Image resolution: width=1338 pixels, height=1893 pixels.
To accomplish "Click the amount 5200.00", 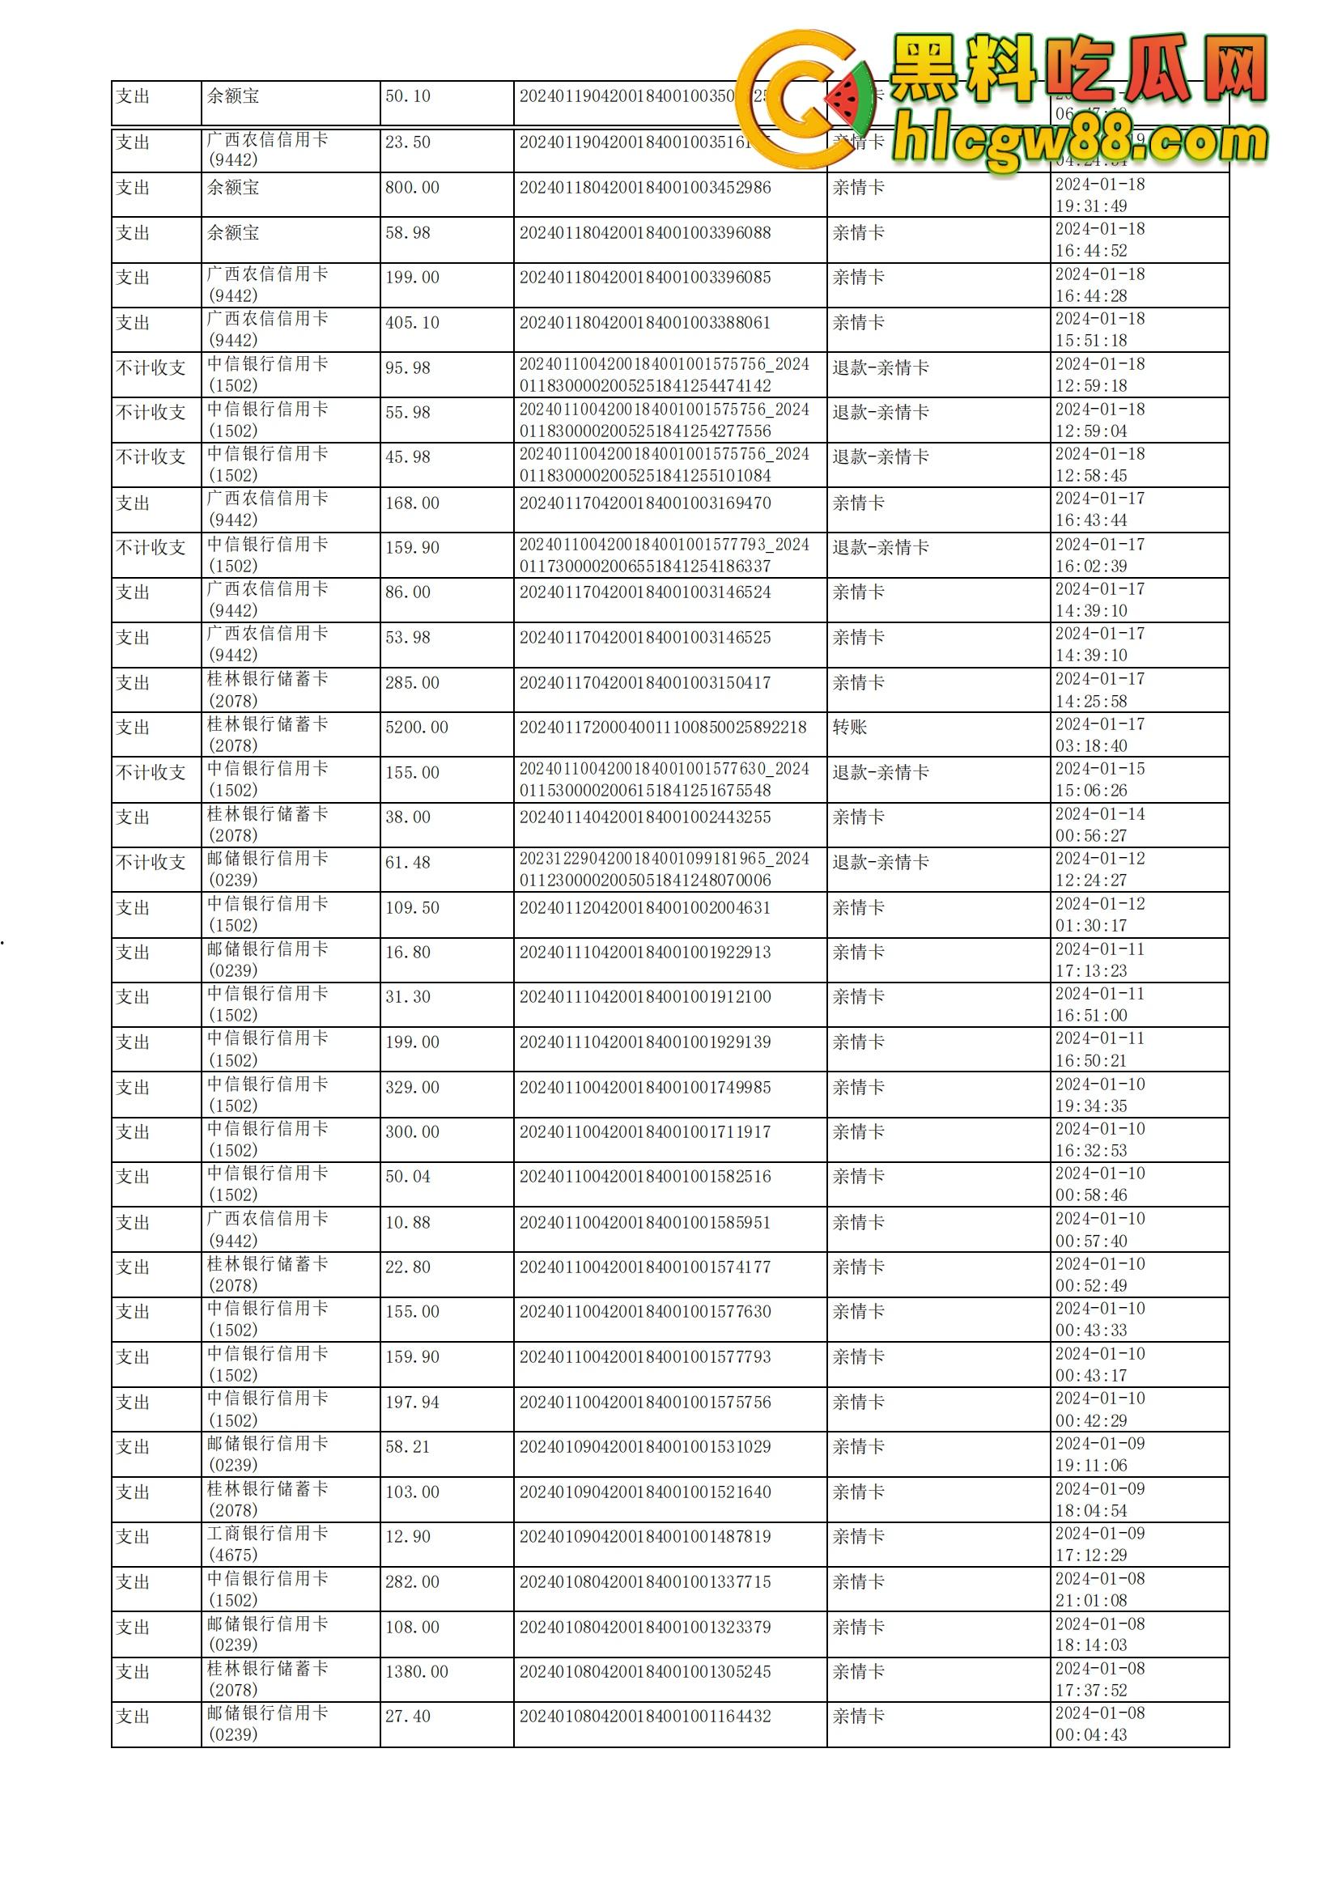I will pyautogui.click(x=416, y=728).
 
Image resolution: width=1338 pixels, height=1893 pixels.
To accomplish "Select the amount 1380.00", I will pyautogui.click(x=416, y=1671).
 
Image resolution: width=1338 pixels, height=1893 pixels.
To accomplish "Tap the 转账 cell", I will pyautogui.click(x=849, y=728).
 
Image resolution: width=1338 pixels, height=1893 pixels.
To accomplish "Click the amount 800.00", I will pyautogui.click(x=412, y=188).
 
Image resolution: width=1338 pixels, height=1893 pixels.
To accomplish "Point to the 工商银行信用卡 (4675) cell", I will pyautogui.click(x=267, y=1543).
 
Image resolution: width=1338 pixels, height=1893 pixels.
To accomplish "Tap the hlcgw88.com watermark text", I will pyautogui.click(x=1080, y=142).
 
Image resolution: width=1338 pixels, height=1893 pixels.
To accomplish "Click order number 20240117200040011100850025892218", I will pyautogui.click(x=663, y=728).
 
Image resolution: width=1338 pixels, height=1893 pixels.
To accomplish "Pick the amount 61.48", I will pyautogui.click(x=408, y=863).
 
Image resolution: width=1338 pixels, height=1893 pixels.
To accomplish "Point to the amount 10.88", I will pyautogui.click(x=408, y=1223).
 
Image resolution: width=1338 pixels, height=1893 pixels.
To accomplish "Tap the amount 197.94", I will pyautogui.click(x=412, y=1403).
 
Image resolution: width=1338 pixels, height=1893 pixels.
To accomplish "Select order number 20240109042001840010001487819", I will pyautogui.click(x=644, y=1537).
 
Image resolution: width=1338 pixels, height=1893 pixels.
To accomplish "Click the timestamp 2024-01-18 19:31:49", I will pyautogui.click(x=1100, y=195).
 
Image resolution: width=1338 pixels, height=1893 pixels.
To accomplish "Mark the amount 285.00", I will pyautogui.click(x=412, y=683).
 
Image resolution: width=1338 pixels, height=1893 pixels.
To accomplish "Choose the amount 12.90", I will pyautogui.click(x=408, y=1537).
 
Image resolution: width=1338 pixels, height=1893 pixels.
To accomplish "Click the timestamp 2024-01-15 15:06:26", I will pyautogui.click(x=1100, y=779).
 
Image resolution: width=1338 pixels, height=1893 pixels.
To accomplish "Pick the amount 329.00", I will pyautogui.click(x=412, y=1088).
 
